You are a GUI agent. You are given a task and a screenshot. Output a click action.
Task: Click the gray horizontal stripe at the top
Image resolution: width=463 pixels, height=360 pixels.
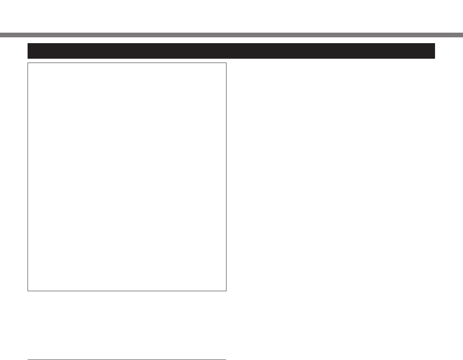pos(231,35)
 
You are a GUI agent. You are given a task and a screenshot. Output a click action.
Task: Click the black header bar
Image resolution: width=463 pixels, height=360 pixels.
pos(231,51)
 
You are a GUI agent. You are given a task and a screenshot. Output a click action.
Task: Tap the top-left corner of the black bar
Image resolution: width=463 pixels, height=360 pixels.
pos(28,44)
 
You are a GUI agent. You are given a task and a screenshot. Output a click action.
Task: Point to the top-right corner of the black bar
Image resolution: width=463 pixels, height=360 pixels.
pos(435,44)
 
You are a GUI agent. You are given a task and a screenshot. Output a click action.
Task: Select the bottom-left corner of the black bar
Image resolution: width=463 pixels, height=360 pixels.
pos(28,58)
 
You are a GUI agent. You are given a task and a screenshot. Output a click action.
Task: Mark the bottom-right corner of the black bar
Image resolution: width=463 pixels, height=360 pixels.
pos(435,58)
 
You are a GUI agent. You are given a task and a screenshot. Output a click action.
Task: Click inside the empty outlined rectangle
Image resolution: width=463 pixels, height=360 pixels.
pos(127,177)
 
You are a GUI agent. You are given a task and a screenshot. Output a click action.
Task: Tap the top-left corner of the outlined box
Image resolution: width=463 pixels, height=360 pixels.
pos(28,63)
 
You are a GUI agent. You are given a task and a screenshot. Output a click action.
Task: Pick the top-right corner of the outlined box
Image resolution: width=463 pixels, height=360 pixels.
pos(226,63)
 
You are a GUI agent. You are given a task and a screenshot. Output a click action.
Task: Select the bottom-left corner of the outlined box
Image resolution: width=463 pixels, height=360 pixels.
pos(28,291)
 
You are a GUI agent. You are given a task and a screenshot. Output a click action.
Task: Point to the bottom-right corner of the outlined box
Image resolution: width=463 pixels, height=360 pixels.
pos(226,291)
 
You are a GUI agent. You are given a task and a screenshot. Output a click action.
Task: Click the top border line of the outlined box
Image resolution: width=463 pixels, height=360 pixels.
pos(127,63)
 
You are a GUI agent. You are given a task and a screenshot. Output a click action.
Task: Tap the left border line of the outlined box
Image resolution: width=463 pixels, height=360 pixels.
pos(28,177)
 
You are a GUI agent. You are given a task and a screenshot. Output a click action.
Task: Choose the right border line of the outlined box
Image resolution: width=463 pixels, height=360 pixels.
pos(226,177)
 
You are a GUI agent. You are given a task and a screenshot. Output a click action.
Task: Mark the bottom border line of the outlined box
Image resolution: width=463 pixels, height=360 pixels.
pos(127,291)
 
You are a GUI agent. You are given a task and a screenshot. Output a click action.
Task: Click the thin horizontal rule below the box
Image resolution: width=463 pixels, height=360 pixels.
pos(127,360)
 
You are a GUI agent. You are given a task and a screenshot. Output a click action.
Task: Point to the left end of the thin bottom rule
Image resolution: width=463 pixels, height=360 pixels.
pos(28,360)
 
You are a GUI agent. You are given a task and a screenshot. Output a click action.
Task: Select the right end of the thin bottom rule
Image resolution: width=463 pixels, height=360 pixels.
pos(226,360)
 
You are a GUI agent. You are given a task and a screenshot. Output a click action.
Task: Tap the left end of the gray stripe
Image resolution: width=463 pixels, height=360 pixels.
pos(1,35)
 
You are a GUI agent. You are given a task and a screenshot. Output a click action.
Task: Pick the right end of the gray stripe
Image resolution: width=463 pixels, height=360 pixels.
pos(462,35)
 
